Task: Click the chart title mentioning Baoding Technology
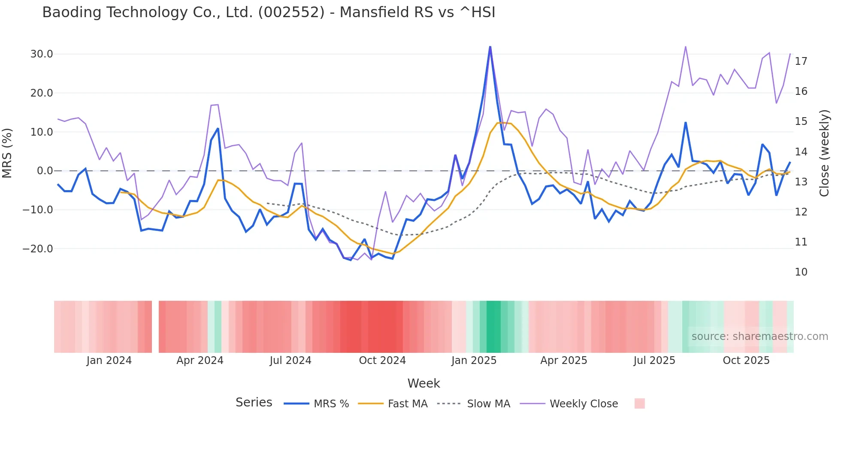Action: (x=269, y=12)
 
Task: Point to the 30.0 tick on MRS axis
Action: (x=42, y=54)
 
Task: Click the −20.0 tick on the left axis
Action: (x=38, y=249)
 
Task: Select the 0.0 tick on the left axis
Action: (x=45, y=171)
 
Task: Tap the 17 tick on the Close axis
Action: (x=801, y=61)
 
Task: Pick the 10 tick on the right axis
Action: (x=801, y=272)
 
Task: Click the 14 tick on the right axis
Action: (x=801, y=152)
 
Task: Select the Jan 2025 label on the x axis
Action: (x=474, y=361)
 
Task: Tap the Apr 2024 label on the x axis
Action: (x=200, y=361)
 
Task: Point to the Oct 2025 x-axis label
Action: (x=746, y=361)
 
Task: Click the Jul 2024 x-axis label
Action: (x=290, y=361)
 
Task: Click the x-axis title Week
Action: (x=424, y=383)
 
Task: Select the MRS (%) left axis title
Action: (x=7, y=153)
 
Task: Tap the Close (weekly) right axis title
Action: (x=824, y=153)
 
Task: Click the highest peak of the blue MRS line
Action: (x=490, y=47)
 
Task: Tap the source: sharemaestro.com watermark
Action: (x=759, y=337)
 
